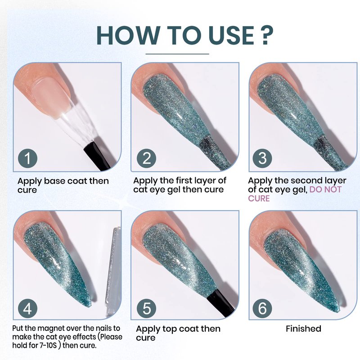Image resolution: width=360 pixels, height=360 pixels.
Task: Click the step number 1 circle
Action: coord(27,158)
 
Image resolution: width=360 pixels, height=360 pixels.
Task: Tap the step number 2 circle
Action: coord(147,158)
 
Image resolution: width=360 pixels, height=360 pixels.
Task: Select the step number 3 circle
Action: coord(262,158)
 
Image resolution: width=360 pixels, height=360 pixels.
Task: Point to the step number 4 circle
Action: coord(27,308)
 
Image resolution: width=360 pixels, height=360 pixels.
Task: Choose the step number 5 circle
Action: coord(147,308)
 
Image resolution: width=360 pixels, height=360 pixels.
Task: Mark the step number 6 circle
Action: coord(262,308)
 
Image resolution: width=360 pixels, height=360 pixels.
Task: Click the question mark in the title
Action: coord(266,35)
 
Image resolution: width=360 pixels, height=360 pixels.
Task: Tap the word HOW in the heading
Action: coord(126,35)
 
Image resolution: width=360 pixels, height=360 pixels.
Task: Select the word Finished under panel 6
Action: coord(303,329)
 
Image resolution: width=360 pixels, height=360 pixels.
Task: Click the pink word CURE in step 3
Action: coord(259,198)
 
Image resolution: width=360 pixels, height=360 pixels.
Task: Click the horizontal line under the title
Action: coord(177,54)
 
